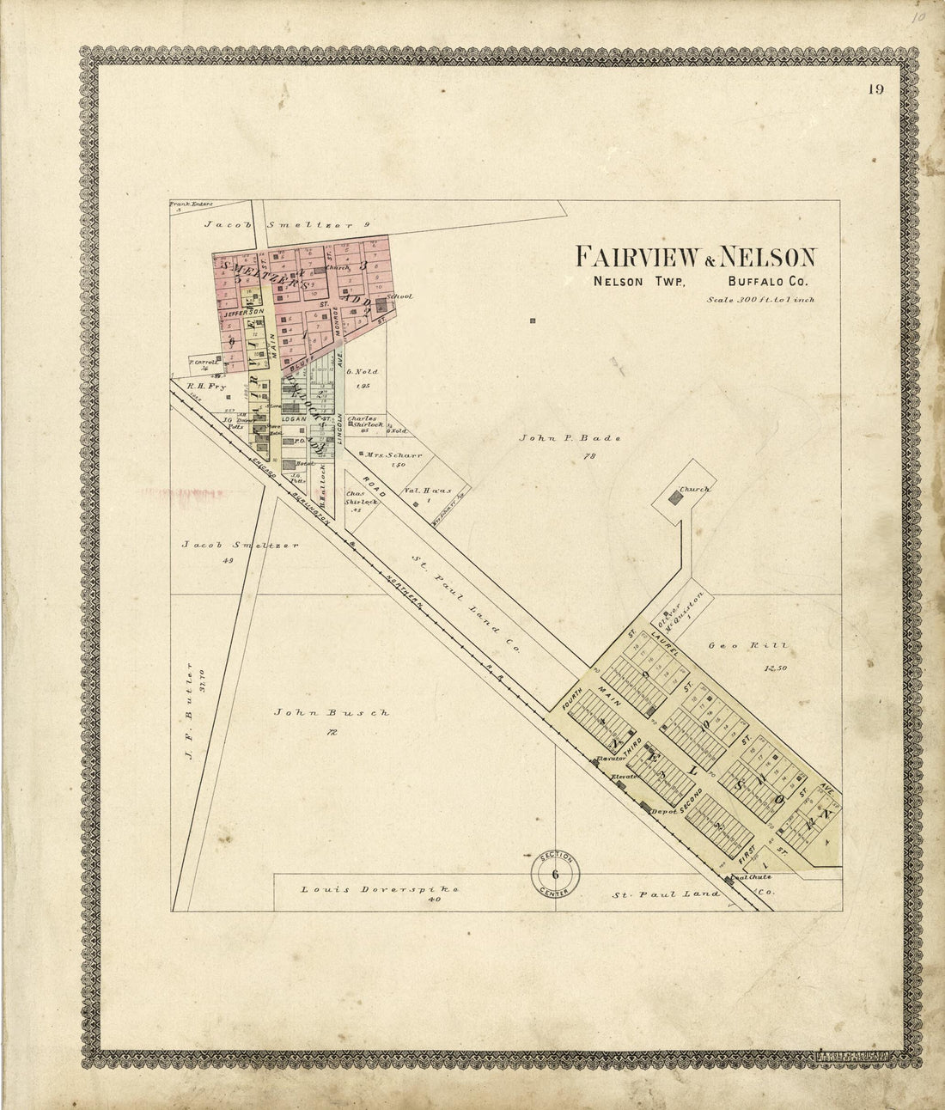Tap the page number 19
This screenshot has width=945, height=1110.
point(875,89)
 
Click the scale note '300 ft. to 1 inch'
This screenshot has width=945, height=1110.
point(759,300)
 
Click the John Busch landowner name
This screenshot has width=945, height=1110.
point(331,712)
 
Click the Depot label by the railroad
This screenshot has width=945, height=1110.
point(666,810)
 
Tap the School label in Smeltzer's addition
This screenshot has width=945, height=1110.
point(400,296)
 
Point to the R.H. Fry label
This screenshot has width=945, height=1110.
point(200,387)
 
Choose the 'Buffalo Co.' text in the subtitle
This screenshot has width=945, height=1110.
point(764,282)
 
